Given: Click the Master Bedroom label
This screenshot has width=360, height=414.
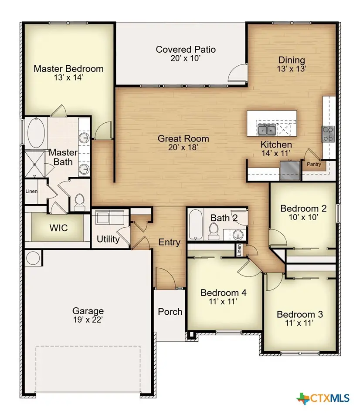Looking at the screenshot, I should [68, 68].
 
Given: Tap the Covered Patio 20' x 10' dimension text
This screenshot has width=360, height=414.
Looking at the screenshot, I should [186, 58].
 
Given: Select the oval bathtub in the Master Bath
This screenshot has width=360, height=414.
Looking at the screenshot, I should [35, 133].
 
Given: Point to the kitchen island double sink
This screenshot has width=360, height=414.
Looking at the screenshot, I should [266, 129].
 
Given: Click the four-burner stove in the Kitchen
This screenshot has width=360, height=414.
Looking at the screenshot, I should [328, 134].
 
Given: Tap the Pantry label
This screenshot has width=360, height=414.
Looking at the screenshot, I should [314, 164].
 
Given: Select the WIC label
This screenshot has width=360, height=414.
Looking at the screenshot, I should [58, 228].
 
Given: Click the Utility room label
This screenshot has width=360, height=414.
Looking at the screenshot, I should [108, 239].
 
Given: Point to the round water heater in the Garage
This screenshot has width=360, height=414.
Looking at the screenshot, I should [33, 258].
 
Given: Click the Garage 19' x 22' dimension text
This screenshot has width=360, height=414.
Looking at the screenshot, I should [88, 320].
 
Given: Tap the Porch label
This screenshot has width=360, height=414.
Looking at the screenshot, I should [170, 311].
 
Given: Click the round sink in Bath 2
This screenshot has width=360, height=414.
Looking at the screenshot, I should [237, 236].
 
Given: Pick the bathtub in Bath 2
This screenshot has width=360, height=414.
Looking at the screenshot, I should [195, 224].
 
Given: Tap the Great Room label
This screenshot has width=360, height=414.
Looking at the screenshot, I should [183, 138].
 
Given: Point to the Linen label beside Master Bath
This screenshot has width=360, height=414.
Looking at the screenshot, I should [31, 191].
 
